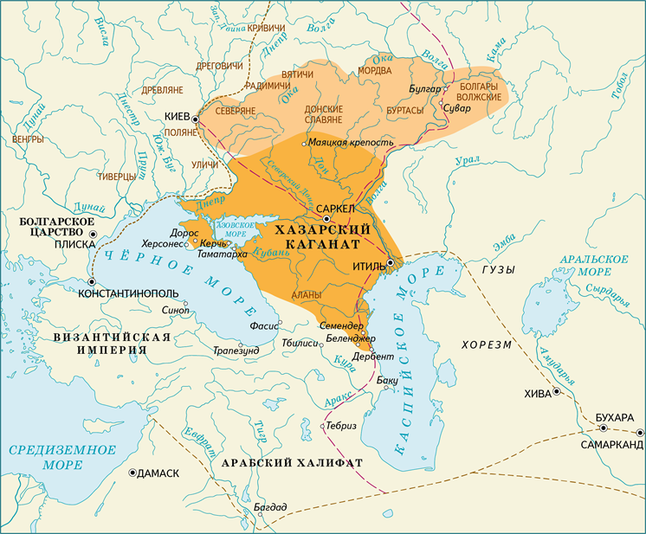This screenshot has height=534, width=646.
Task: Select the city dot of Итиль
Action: (391, 262)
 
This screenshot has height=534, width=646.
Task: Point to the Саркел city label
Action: (336, 209)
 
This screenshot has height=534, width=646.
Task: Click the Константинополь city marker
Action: (92, 281)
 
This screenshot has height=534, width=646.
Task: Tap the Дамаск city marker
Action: (132, 473)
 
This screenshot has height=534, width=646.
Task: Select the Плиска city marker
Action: (92, 234)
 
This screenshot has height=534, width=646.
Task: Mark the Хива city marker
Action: (556, 392)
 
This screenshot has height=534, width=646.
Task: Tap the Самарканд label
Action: (611, 444)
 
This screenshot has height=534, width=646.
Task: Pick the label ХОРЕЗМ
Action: (487, 344)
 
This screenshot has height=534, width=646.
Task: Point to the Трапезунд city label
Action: (236, 351)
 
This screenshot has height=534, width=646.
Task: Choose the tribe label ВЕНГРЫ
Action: (28, 138)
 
